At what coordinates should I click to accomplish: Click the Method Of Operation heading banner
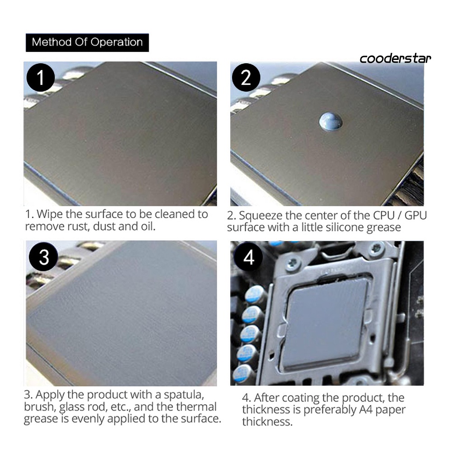tap(87, 42)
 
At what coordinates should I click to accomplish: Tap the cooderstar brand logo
tap(395, 59)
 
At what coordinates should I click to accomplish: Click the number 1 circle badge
tap(41, 78)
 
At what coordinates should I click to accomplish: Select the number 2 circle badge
tap(246, 78)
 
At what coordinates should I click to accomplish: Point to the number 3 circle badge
tap(43, 257)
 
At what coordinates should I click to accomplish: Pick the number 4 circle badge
tap(248, 257)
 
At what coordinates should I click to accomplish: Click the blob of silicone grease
tap(331, 122)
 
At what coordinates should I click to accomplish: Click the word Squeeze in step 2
tap(261, 216)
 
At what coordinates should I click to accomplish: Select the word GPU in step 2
tap(415, 215)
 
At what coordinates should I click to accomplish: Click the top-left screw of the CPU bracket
tap(292, 263)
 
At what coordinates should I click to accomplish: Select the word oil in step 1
tap(148, 227)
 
